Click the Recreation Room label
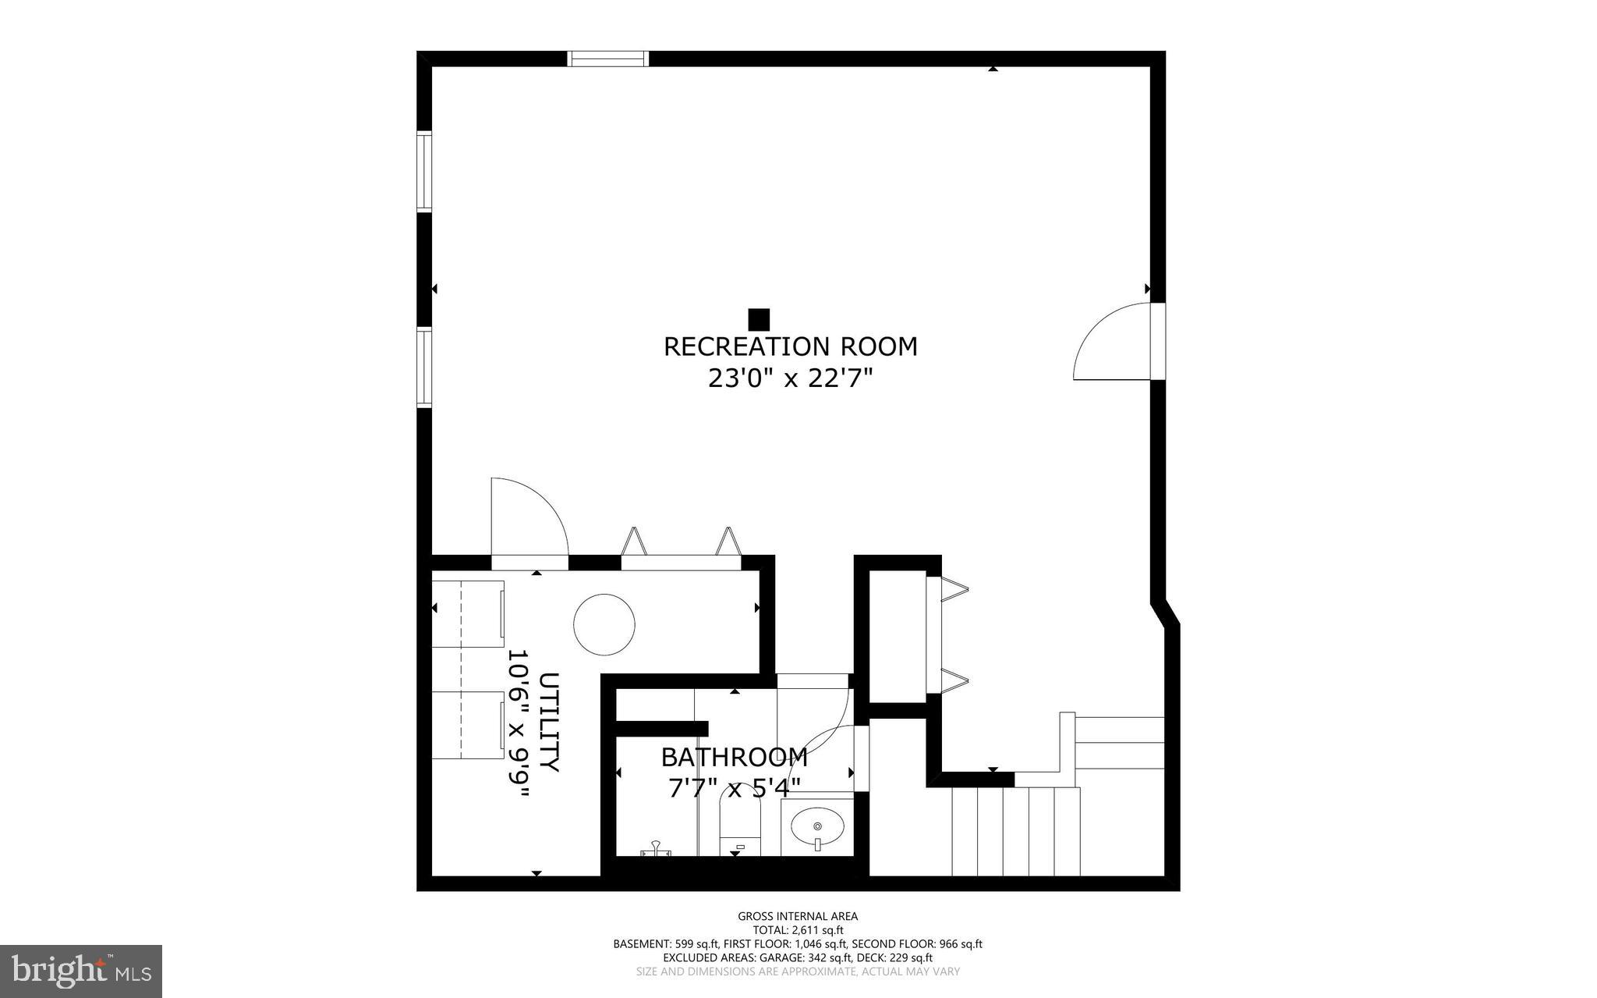point(790,346)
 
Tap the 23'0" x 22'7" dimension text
point(790,379)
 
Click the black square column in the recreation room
point(759,319)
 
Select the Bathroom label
point(734,757)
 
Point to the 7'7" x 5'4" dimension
point(734,788)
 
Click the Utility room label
point(548,722)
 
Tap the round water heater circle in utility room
point(604,624)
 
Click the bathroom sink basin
point(817,826)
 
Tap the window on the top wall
point(607,59)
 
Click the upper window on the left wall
point(423,172)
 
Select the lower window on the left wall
point(423,368)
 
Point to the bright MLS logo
point(81,970)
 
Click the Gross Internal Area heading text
point(798,916)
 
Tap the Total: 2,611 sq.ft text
point(798,930)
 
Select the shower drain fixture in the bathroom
point(656,851)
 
